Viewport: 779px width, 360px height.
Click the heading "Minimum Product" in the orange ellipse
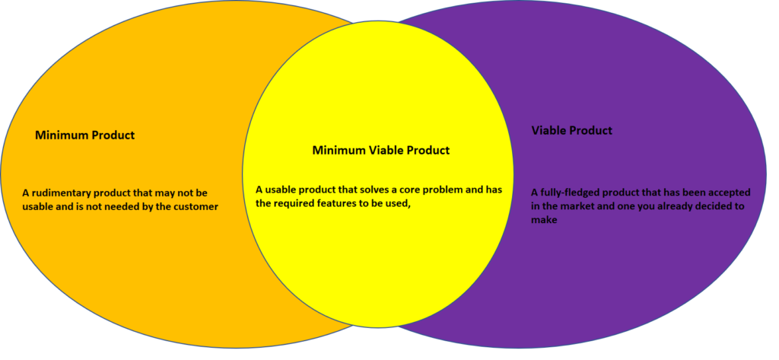pyautogui.click(x=84, y=135)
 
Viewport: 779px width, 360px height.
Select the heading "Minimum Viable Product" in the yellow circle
pyautogui.click(x=381, y=150)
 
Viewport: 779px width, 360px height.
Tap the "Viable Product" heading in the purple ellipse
pyautogui.click(x=572, y=131)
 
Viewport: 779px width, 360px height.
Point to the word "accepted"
pyautogui.click(x=730, y=193)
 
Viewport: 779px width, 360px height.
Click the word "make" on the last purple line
pyautogui.click(x=544, y=220)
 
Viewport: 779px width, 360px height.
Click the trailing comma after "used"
pyautogui.click(x=411, y=206)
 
